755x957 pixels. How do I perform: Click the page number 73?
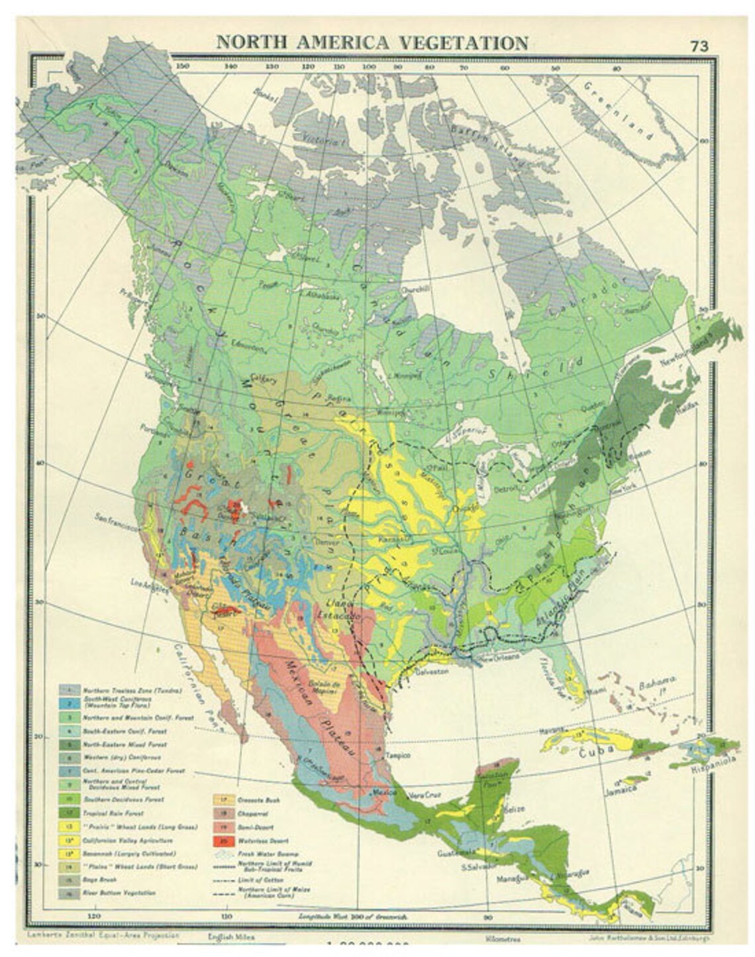click(699, 46)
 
